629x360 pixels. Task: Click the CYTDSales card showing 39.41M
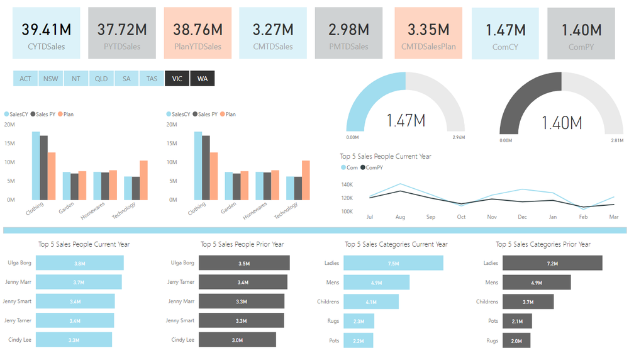(x=47, y=33)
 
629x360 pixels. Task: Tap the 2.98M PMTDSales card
(x=348, y=33)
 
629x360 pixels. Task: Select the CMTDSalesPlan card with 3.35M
(x=428, y=33)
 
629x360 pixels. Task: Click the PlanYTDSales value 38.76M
(x=198, y=30)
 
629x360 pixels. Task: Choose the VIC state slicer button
(x=177, y=79)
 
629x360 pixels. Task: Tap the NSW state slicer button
(x=50, y=79)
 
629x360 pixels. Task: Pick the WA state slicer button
(x=203, y=79)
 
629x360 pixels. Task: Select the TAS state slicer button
(x=152, y=79)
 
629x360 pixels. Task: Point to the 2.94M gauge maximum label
(x=459, y=137)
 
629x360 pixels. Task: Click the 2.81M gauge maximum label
(x=617, y=140)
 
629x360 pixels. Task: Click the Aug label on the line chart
(x=400, y=217)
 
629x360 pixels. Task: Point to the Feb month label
(x=583, y=217)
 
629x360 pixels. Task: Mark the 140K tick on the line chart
(x=347, y=185)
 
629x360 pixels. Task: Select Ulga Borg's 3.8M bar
(x=80, y=263)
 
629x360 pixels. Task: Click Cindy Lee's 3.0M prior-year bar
(x=237, y=340)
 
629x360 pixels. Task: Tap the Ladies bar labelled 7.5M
(x=393, y=263)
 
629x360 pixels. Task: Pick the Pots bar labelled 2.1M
(x=517, y=321)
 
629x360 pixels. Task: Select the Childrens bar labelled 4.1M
(x=371, y=301)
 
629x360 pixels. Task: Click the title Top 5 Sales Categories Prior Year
(x=543, y=244)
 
